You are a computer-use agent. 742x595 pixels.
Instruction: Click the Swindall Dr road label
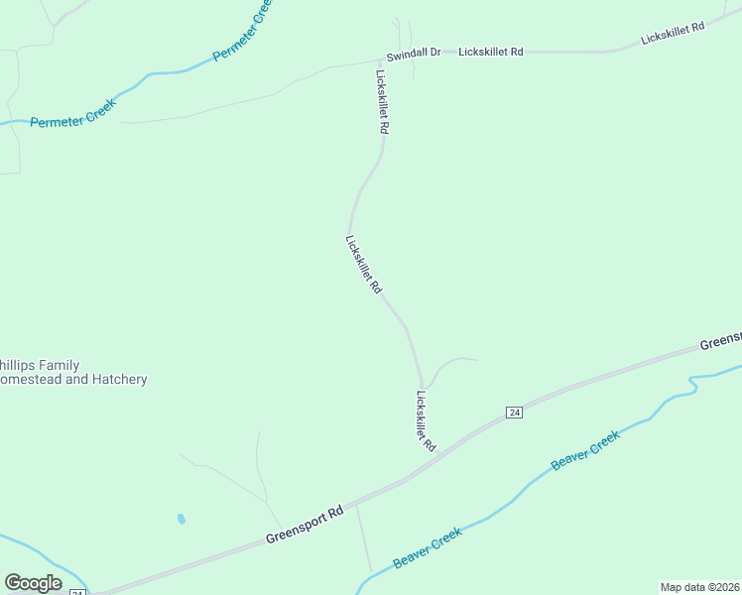coord(414,52)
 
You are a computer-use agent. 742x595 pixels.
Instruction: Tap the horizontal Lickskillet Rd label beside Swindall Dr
coord(490,52)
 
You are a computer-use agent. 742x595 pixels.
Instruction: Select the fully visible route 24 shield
coord(513,412)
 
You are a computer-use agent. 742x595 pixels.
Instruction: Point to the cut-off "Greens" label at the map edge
coord(720,340)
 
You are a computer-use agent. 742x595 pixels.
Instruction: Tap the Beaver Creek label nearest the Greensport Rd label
coord(428,548)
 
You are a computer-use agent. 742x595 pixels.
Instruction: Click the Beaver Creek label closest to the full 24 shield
coord(585,450)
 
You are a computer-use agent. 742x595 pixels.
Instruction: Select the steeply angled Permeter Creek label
coord(242,33)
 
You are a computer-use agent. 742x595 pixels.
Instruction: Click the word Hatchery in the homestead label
coord(116,380)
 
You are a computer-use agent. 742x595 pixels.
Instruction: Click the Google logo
coord(33,583)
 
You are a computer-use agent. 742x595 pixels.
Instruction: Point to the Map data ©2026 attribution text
coord(699,587)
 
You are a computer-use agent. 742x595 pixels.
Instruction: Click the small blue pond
coord(180,519)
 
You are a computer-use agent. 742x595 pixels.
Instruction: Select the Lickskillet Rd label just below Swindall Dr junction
coord(382,101)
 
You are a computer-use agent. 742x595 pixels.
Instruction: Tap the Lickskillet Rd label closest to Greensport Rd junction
coord(426,421)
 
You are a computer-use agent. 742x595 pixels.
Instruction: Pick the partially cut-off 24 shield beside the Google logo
coord(77,592)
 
